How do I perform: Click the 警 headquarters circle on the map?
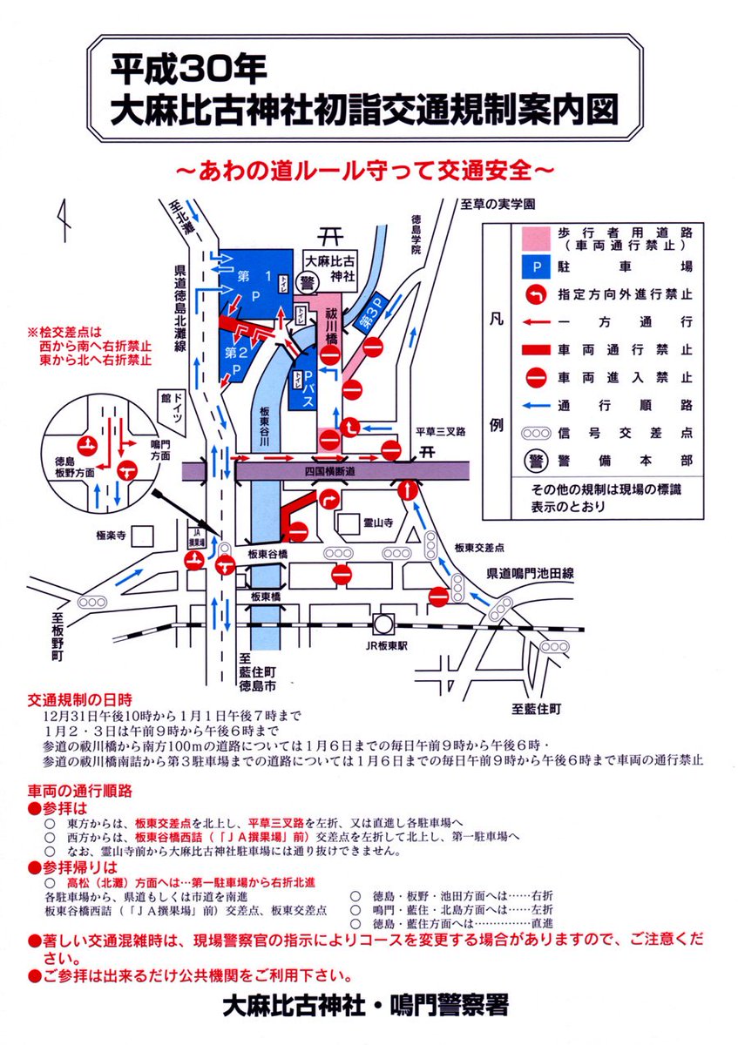tap(307, 284)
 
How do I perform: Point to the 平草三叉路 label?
tap(441, 429)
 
